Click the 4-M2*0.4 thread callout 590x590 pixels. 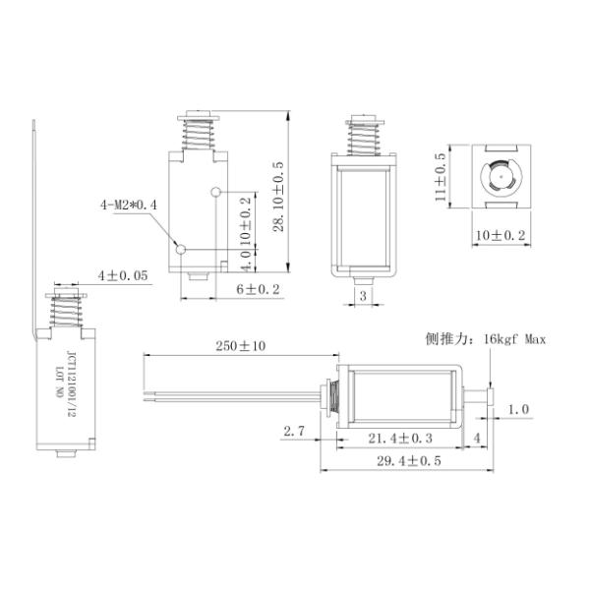(128, 206)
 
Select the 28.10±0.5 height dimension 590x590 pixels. (278, 197)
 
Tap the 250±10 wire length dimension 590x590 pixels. (241, 346)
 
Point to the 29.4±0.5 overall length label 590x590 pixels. (409, 460)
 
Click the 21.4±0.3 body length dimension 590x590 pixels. (400, 438)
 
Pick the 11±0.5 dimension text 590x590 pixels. (441, 177)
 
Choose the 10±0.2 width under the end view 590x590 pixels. (501, 236)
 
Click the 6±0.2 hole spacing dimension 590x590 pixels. (258, 289)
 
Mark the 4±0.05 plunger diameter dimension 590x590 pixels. (123, 275)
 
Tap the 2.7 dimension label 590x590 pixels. (294, 431)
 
